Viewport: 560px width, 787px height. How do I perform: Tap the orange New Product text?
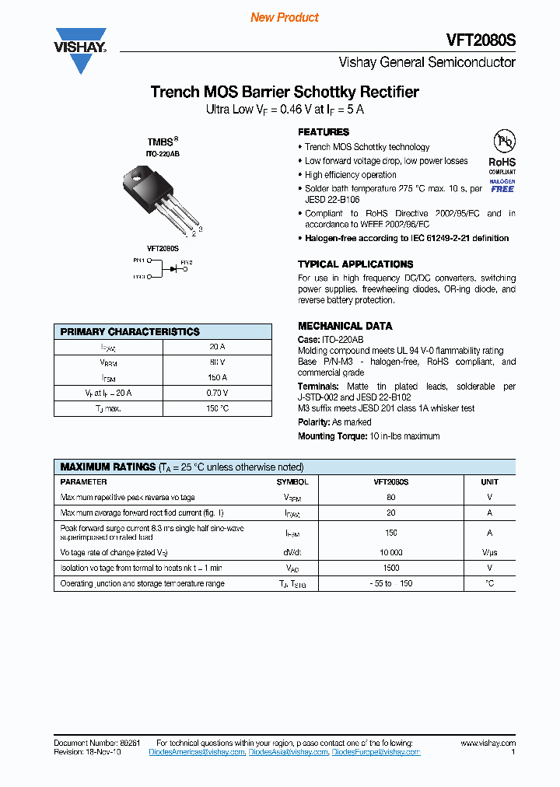click(285, 17)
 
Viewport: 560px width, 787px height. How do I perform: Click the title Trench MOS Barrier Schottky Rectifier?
click(285, 92)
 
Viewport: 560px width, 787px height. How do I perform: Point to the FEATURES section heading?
click(324, 132)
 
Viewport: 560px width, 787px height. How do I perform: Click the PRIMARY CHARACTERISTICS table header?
click(130, 331)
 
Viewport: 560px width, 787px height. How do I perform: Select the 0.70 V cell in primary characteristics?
click(218, 393)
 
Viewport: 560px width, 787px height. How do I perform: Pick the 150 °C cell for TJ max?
click(218, 408)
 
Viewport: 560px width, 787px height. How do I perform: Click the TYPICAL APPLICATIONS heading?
click(355, 264)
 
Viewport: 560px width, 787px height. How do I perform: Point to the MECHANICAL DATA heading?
click(345, 326)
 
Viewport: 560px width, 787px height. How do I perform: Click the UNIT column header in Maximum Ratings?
click(489, 482)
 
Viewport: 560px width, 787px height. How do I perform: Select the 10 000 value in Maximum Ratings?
click(391, 551)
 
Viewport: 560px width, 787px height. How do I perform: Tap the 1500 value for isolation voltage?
click(391, 568)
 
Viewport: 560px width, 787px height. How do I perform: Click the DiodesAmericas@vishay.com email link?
click(197, 752)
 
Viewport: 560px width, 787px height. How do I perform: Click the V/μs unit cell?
click(489, 551)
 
